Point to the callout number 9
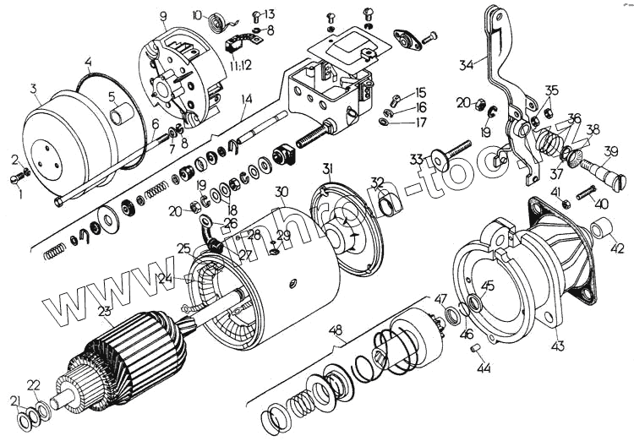point(162,16)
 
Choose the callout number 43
point(559,345)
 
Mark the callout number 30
point(281,192)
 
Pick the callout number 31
point(328,170)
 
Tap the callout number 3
point(33,89)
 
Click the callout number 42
point(617,248)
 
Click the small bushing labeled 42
point(603,228)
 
